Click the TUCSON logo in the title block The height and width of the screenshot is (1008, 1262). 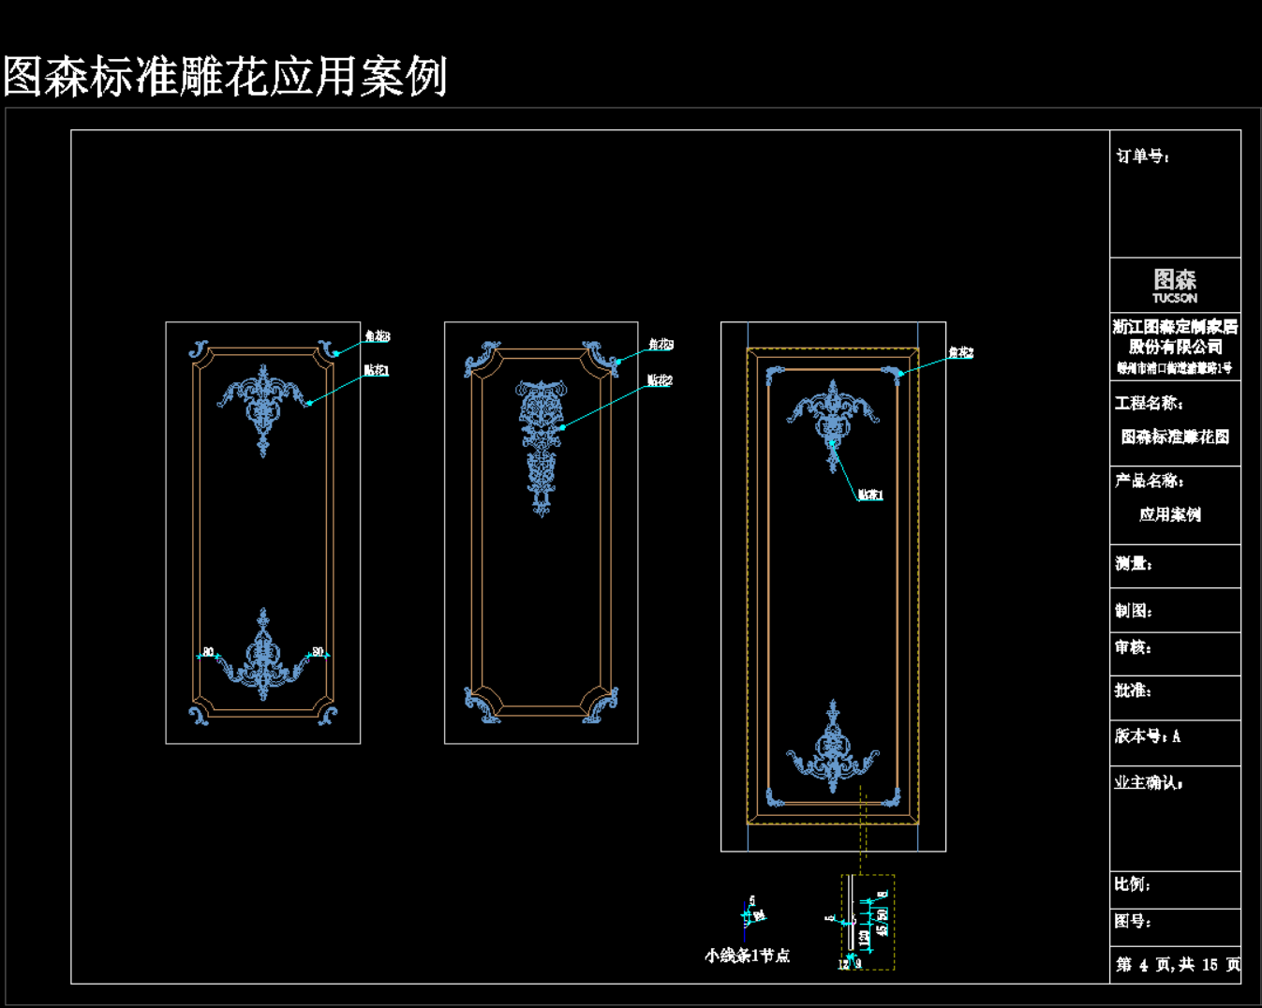point(1174,286)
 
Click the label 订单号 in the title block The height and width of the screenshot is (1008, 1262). point(1142,156)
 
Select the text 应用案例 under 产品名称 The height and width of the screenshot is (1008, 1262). point(1169,514)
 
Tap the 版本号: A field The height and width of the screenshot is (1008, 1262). point(1148,736)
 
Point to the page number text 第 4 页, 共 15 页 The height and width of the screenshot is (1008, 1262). point(1178,964)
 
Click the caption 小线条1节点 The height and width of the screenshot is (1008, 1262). point(747,956)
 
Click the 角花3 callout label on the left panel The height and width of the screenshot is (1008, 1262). point(377,336)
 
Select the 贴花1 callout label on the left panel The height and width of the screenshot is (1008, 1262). point(376,371)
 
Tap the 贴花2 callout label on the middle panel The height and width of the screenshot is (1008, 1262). point(660,380)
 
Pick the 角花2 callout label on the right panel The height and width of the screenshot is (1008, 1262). point(960,353)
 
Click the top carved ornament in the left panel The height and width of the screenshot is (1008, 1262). point(263,405)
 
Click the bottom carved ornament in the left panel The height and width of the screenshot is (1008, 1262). point(263,656)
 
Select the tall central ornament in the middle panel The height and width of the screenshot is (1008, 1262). point(542,445)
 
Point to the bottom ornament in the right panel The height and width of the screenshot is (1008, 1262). point(833,749)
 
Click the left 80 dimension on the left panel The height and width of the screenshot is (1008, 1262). point(208,651)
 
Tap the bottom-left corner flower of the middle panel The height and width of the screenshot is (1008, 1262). point(482,704)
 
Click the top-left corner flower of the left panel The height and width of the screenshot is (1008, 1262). point(199,349)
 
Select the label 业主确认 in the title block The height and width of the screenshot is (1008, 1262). point(1148,783)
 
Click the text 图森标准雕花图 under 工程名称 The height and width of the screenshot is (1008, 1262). point(1175,437)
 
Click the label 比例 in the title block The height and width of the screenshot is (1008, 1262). point(1132,884)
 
